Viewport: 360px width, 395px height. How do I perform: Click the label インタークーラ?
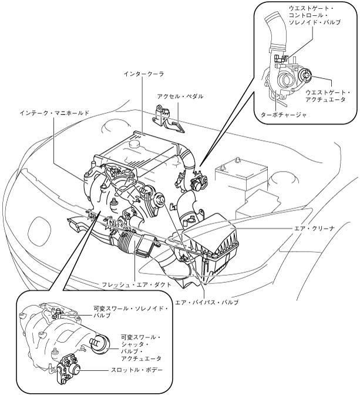[x=144, y=74]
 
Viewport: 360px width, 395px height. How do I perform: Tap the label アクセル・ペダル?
[x=180, y=96]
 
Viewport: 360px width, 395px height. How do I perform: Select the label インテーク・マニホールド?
[x=55, y=113]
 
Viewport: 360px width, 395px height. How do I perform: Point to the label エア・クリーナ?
[x=314, y=229]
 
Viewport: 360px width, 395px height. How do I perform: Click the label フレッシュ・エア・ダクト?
[x=136, y=285]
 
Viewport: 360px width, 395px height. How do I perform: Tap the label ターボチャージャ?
[x=284, y=115]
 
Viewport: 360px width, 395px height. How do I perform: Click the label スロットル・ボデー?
[x=137, y=370]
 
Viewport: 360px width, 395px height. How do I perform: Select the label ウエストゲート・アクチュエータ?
[x=328, y=96]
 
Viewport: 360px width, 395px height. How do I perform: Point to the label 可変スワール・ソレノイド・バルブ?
[x=130, y=312]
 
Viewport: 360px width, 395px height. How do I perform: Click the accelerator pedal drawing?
[x=168, y=118]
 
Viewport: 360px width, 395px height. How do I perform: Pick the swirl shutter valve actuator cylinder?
[x=100, y=344]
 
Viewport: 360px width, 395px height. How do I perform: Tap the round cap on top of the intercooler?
[x=133, y=145]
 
